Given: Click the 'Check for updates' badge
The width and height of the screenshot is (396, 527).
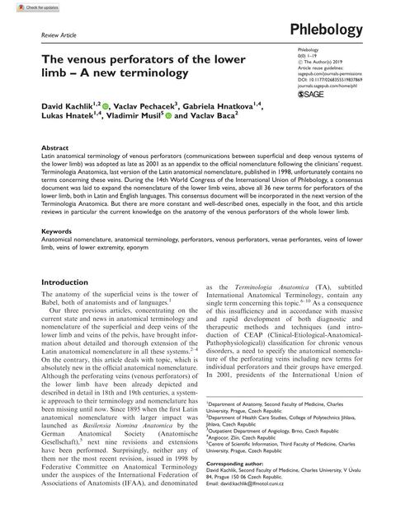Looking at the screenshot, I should pos(23,7).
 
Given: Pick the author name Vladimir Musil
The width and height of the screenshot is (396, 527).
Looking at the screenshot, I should pos(136,119).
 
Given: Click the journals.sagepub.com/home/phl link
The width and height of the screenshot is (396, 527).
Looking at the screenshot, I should pos(317,81).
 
